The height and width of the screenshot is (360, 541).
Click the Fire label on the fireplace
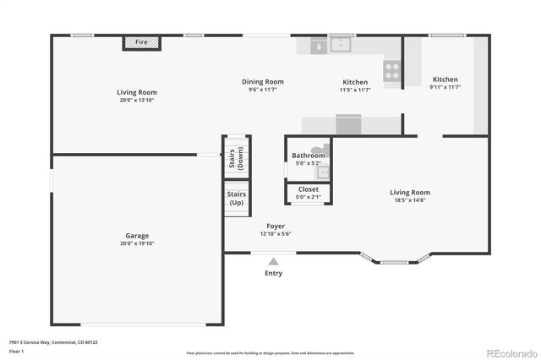click(x=141, y=41)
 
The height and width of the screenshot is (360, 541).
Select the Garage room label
click(x=136, y=236)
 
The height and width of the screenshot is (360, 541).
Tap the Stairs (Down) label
click(x=237, y=160)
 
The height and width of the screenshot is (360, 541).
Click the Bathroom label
click(x=309, y=155)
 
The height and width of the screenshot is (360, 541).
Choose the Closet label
click(x=309, y=189)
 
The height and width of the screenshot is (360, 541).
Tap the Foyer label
click(x=276, y=226)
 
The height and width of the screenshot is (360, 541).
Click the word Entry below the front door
click(x=274, y=273)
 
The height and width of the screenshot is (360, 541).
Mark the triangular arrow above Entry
click(x=274, y=262)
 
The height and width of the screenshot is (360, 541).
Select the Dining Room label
click(x=263, y=82)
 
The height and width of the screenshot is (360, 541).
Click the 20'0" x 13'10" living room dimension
click(x=136, y=100)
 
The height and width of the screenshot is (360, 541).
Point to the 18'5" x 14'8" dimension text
click(x=410, y=200)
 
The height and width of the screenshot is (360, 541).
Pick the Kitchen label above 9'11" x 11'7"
click(x=445, y=79)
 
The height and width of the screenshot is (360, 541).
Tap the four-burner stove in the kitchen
click(x=392, y=71)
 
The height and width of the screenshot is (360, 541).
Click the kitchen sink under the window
click(x=341, y=45)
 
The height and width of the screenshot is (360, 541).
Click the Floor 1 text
click(x=17, y=352)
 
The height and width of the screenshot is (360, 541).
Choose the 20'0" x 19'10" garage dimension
click(x=136, y=243)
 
